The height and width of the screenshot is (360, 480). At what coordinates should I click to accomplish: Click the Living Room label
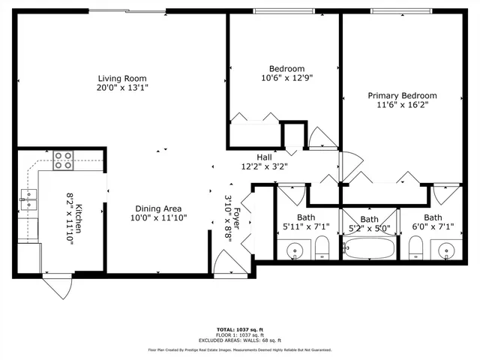pyautogui.click(x=121, y=78)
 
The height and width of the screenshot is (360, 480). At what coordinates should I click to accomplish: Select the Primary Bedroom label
pyautogui.click(x=402, y=95)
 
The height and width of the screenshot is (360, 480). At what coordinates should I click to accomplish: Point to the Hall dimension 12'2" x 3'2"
pyautogui.click(x=264, y=166)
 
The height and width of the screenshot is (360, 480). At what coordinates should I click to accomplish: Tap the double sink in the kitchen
pyautogui.click(x=29, y=199)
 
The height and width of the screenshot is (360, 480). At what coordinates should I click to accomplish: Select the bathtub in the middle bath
pyautogui.click(x=369, y=247)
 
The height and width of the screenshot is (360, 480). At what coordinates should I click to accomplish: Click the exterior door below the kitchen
pyautogui.click(x=56, y=286)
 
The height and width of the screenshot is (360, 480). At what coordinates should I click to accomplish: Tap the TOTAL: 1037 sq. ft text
pyautogui.click(x=239, y=328)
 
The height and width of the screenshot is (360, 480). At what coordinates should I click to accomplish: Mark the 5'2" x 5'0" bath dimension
pyautogui.click(x=369, y=229)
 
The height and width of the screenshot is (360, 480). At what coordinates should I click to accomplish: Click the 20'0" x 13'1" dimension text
pyautogui.click(x=121, y=87)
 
